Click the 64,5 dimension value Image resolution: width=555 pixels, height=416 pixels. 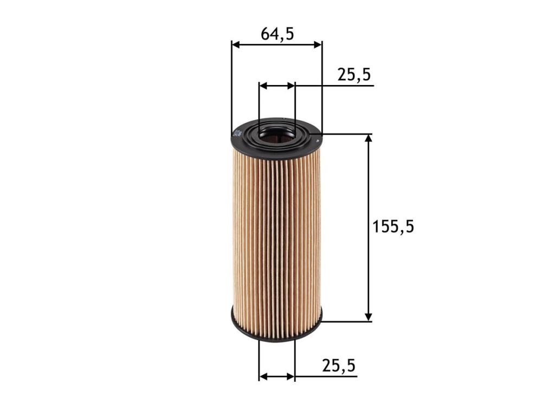(277, 34)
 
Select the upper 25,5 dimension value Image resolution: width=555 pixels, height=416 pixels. (353, 75)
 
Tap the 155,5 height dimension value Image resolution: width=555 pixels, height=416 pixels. (393, 226)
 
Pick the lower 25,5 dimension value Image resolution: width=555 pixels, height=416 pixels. (339, 366)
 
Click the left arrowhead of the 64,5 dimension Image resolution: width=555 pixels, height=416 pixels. (236, 45)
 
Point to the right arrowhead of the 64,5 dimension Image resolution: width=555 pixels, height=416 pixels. (318, 45)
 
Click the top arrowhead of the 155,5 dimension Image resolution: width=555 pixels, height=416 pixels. (369, 139)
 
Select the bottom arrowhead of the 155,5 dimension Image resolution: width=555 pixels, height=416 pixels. (369, 317)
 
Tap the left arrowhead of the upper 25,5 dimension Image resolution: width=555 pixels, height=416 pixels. (263, 86)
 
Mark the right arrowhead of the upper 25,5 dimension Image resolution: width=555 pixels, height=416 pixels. (291, 86)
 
